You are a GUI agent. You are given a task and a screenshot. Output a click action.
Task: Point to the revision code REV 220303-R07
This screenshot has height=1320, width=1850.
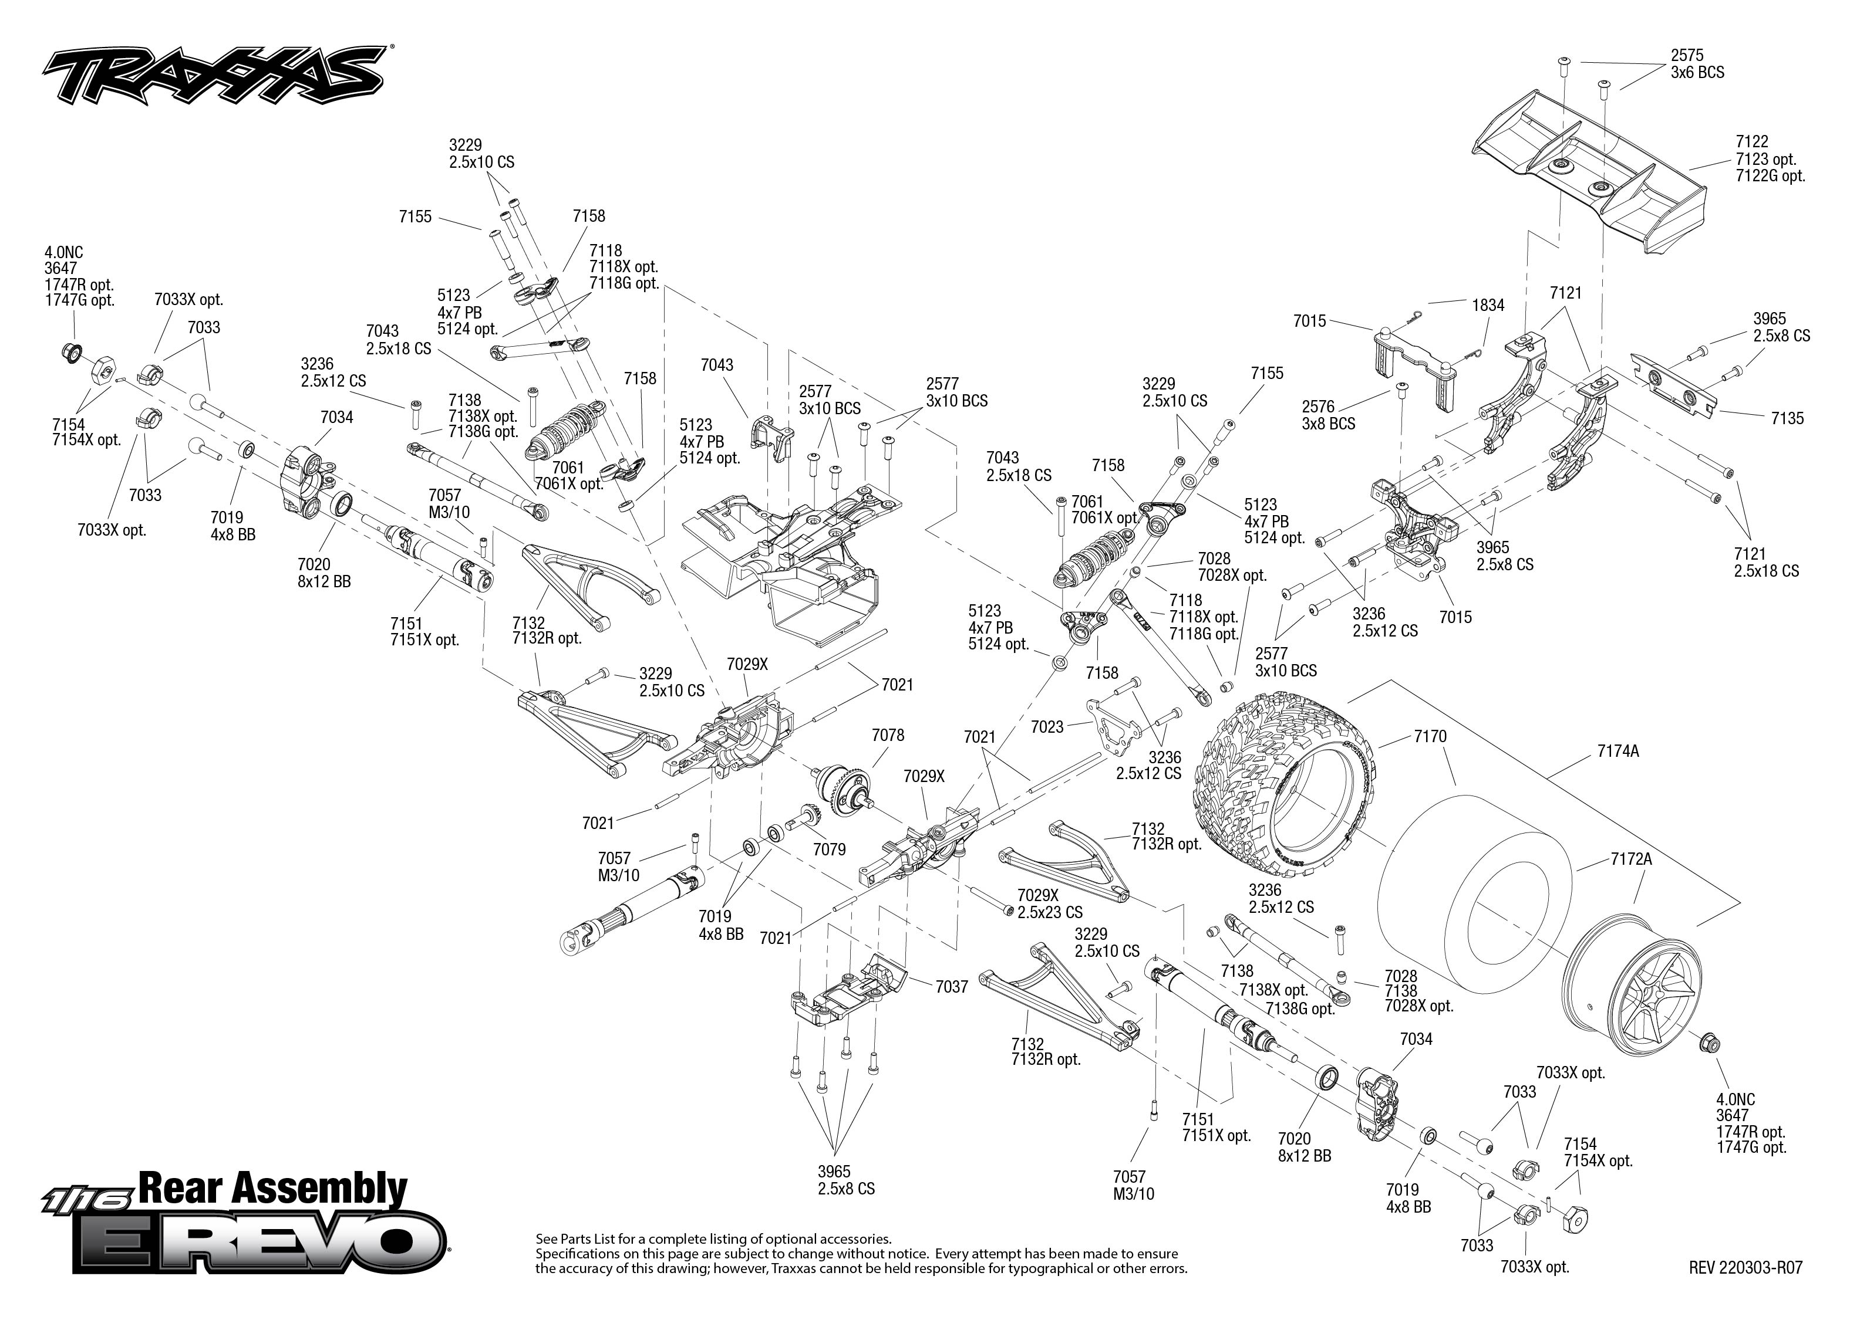coord(1745,1267)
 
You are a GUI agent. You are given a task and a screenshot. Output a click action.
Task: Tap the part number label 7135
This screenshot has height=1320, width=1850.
coord(1787,419)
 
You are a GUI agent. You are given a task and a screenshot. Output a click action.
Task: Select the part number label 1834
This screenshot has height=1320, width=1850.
coord(1488,306)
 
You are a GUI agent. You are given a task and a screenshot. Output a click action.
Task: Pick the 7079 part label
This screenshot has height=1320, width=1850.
coord(830,849)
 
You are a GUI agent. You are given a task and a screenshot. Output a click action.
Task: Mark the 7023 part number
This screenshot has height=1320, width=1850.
coord(1047,727)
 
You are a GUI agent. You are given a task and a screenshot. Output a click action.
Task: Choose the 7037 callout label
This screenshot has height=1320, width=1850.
coord(952,987)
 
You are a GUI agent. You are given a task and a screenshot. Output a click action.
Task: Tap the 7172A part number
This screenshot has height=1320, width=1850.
coord(1631,859)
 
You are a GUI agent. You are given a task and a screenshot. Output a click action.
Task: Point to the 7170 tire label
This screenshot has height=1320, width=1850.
coord(1430,736)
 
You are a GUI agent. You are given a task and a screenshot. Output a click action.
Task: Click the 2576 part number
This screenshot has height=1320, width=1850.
coord(1318,407)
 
